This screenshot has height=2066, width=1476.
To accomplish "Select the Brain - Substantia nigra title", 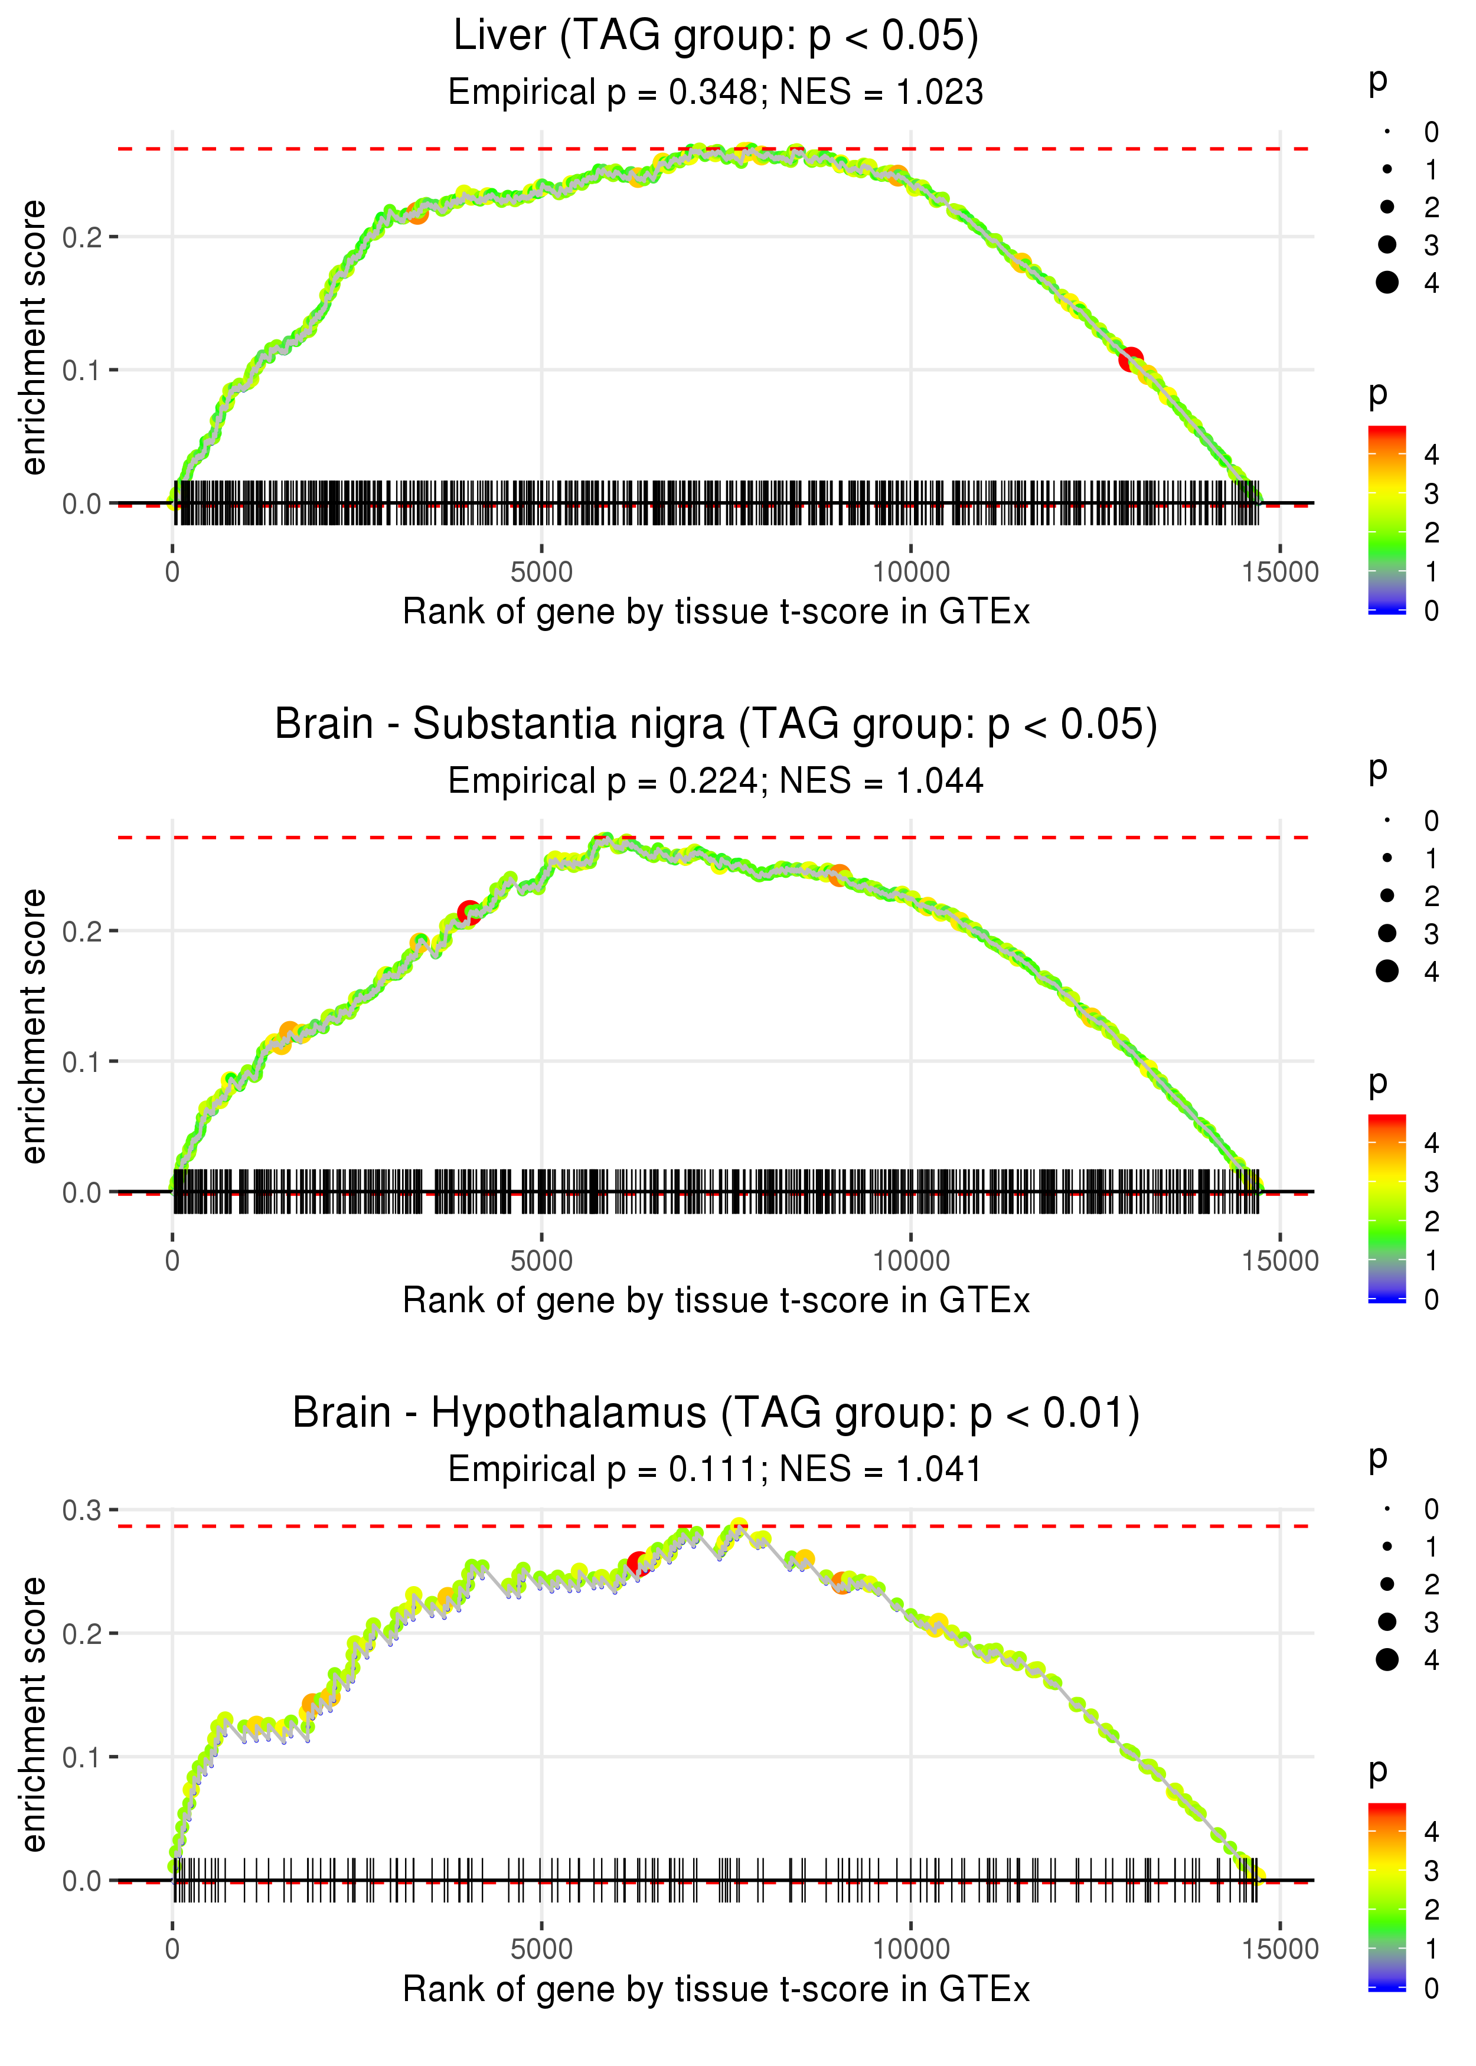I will click(x=716, y=725).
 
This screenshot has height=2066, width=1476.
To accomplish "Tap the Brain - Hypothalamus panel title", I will click(x=716, y=1413).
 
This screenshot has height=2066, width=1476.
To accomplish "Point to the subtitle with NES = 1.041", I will click(x=716, y=1469).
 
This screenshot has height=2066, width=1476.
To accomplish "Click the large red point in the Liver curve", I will click(x=1131, y=359).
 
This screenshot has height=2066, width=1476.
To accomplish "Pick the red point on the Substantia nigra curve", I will click(x=469, y=912).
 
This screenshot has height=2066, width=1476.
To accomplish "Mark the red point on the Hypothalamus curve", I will click(x=639, y=1564).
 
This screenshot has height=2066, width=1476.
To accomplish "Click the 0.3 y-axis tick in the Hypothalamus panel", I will click(x=82, y=1510).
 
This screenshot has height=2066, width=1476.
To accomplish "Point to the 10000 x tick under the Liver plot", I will click(x=910, y=573).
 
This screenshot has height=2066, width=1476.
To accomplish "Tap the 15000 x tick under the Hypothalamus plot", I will click(x=1279, y=1949).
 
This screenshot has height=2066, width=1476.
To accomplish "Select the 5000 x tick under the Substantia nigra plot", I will click(x=541, y=1261).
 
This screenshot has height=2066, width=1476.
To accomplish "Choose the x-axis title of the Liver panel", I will click(x=716, y=612).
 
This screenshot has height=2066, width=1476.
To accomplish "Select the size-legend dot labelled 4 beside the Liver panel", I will click(x=1387, y=283).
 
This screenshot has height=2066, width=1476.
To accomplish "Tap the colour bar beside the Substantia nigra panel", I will click(x=1387, y=1208).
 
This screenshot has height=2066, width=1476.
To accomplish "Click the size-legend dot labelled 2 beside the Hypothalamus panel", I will click(x=1387, y=1584).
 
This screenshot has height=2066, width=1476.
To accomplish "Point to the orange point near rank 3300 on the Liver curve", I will click(x=417, y=213).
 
